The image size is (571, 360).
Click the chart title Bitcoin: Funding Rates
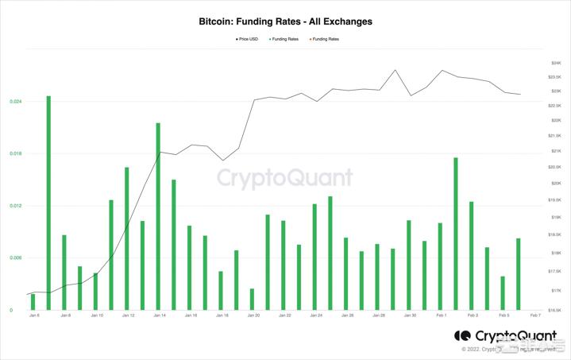[285, 21]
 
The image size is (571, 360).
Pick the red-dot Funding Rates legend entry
[322, 39]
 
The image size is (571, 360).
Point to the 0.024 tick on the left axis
[16, 102]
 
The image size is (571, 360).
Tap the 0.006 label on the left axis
[16, 258]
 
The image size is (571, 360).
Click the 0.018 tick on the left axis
[16, 153]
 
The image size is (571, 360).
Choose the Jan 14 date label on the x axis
[159, 315]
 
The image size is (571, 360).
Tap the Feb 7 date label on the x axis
[535, 315]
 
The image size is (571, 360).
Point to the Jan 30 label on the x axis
[410, 315]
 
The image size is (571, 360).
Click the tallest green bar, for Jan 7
[48, 203]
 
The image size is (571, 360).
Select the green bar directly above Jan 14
[158, 216]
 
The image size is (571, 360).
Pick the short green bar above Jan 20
[252, 300]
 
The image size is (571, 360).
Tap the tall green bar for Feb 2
[456, 234]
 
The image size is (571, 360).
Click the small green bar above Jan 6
[33, 302]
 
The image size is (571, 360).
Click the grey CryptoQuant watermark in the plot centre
[285, 177]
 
